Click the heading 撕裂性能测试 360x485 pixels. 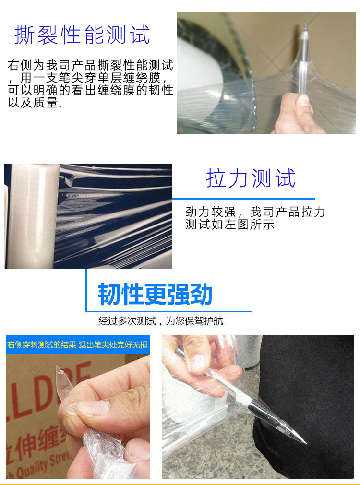click(83, 35)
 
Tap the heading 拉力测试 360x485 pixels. click(251, 178)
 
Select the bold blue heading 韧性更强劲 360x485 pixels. click(155, 295)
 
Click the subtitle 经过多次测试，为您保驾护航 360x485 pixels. click(161, 321)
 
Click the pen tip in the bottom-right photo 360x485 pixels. click(305, 443)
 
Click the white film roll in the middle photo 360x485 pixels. click(33, 215)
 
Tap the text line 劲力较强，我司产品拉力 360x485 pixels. click(255, 212)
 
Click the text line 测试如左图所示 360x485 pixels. click(230, 225)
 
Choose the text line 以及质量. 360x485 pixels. click(35, 103)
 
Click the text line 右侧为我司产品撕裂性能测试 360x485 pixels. click(90, 65)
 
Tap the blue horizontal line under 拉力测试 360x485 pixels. click(243, 199)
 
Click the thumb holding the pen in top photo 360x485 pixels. click(304, 103)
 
